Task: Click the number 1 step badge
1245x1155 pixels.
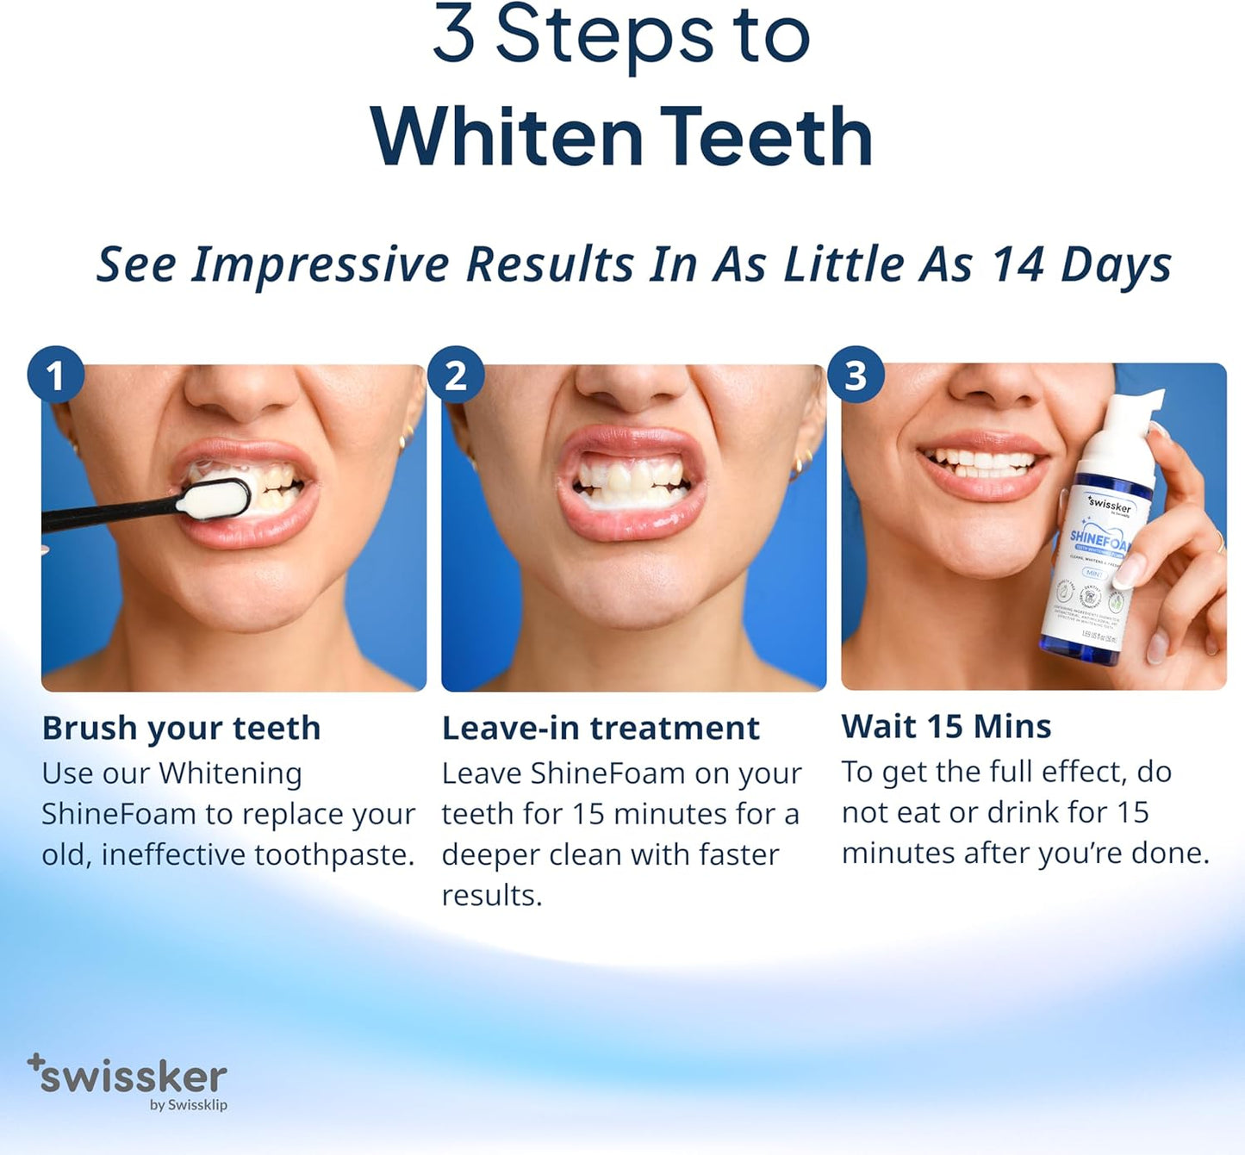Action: point(55,375)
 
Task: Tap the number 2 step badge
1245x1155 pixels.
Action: point(456,375)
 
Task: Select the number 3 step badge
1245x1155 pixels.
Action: point(856,375)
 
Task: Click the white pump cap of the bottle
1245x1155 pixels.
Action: point(1124,431)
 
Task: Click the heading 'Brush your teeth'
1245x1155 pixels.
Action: point(181,728)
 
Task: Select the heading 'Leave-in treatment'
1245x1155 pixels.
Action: point(601,728)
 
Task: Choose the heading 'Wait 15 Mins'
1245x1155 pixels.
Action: point(946,726)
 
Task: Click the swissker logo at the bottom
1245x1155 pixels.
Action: point(129,1076)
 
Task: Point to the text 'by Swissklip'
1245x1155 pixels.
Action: point(188,1104)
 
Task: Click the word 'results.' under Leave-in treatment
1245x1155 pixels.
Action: point(492,895)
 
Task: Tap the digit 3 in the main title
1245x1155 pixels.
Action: point(454,34)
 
